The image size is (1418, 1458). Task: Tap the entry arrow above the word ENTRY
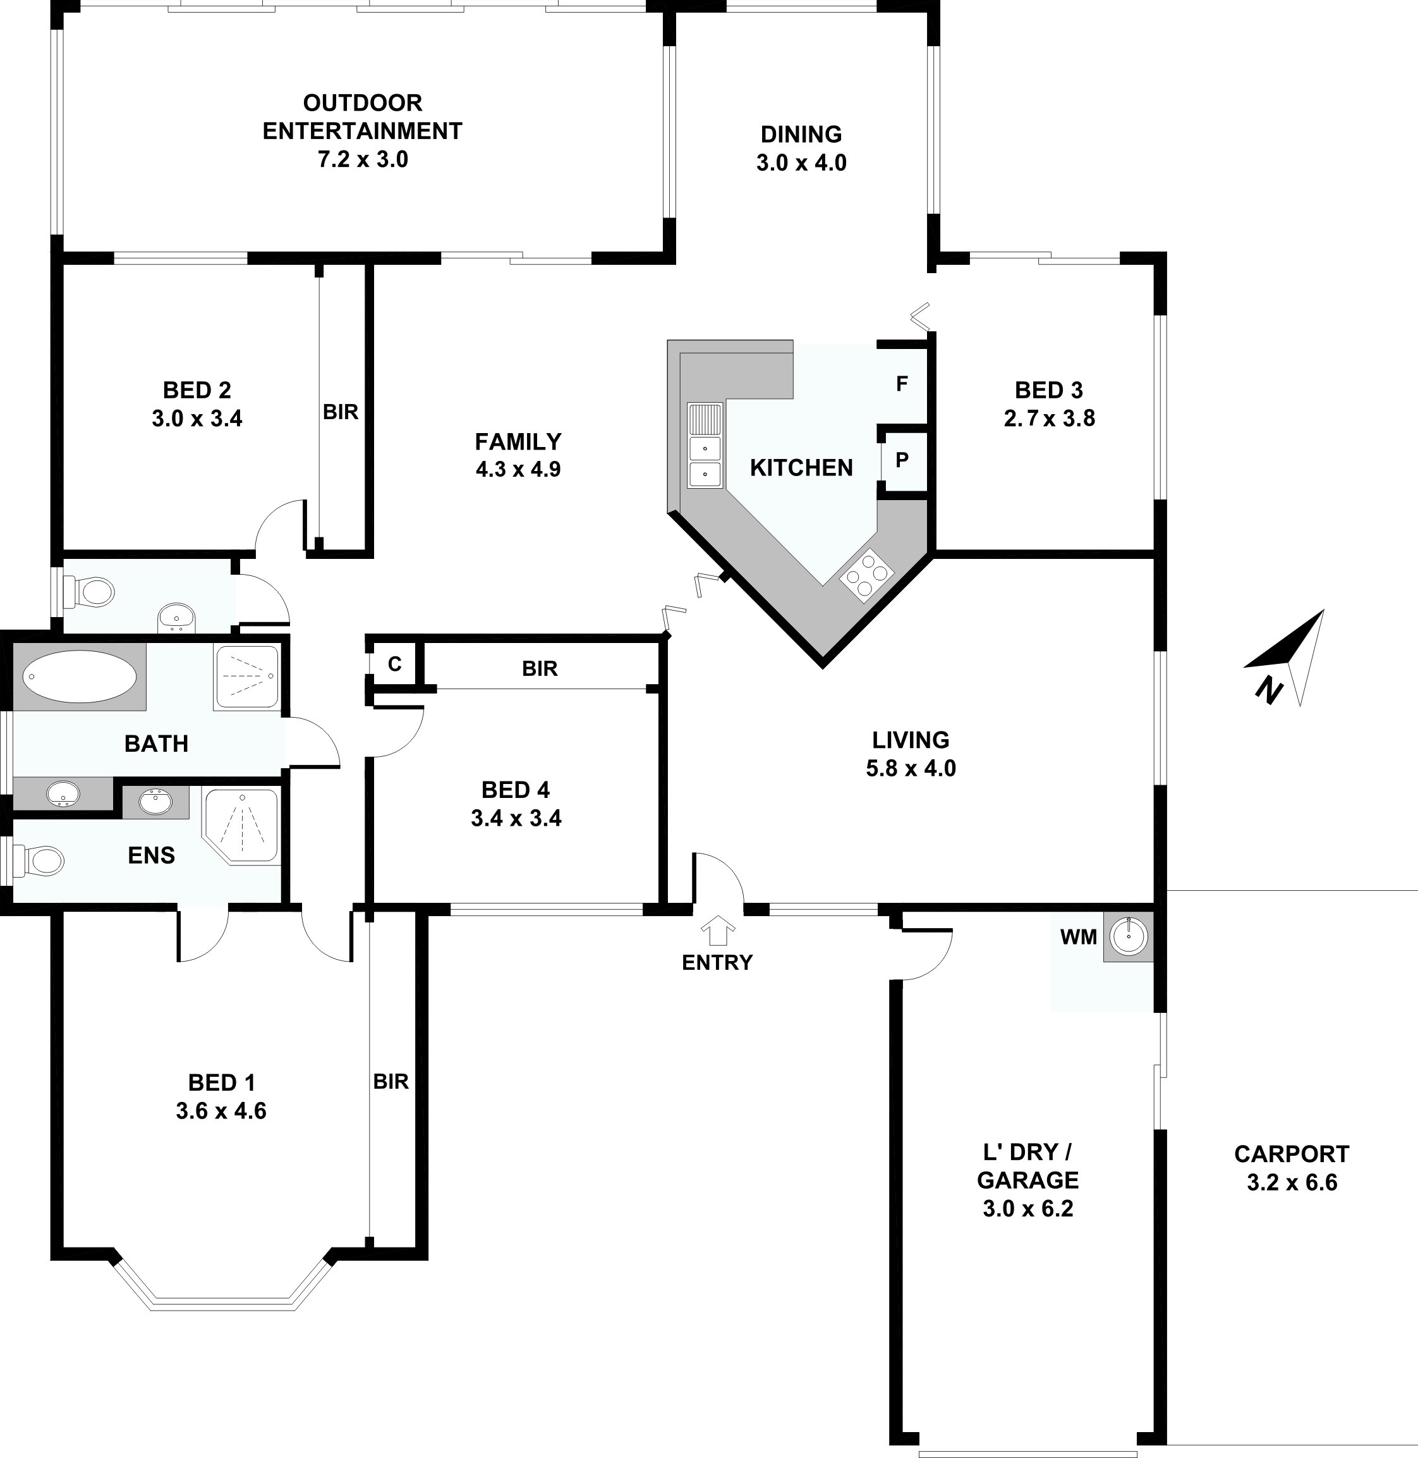click(718, 931)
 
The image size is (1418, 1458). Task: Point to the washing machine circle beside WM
click(1129, 936)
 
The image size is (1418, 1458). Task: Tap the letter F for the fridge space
click(902, 384)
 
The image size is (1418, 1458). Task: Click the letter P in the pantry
click(902, 460)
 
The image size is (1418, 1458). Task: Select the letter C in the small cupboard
click(395, 663)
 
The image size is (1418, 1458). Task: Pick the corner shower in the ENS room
click(241, 826)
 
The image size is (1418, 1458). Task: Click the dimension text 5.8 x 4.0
click(911, 768)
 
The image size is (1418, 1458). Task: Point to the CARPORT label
click(1292, 1154)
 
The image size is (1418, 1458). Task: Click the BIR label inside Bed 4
click(540, 668)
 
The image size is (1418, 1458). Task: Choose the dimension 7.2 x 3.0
click(363, 159)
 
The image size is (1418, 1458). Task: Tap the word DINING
click(801, 134)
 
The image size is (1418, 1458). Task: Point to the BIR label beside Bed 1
click(391, 1081)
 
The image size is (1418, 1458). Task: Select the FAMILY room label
click(518, 442)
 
